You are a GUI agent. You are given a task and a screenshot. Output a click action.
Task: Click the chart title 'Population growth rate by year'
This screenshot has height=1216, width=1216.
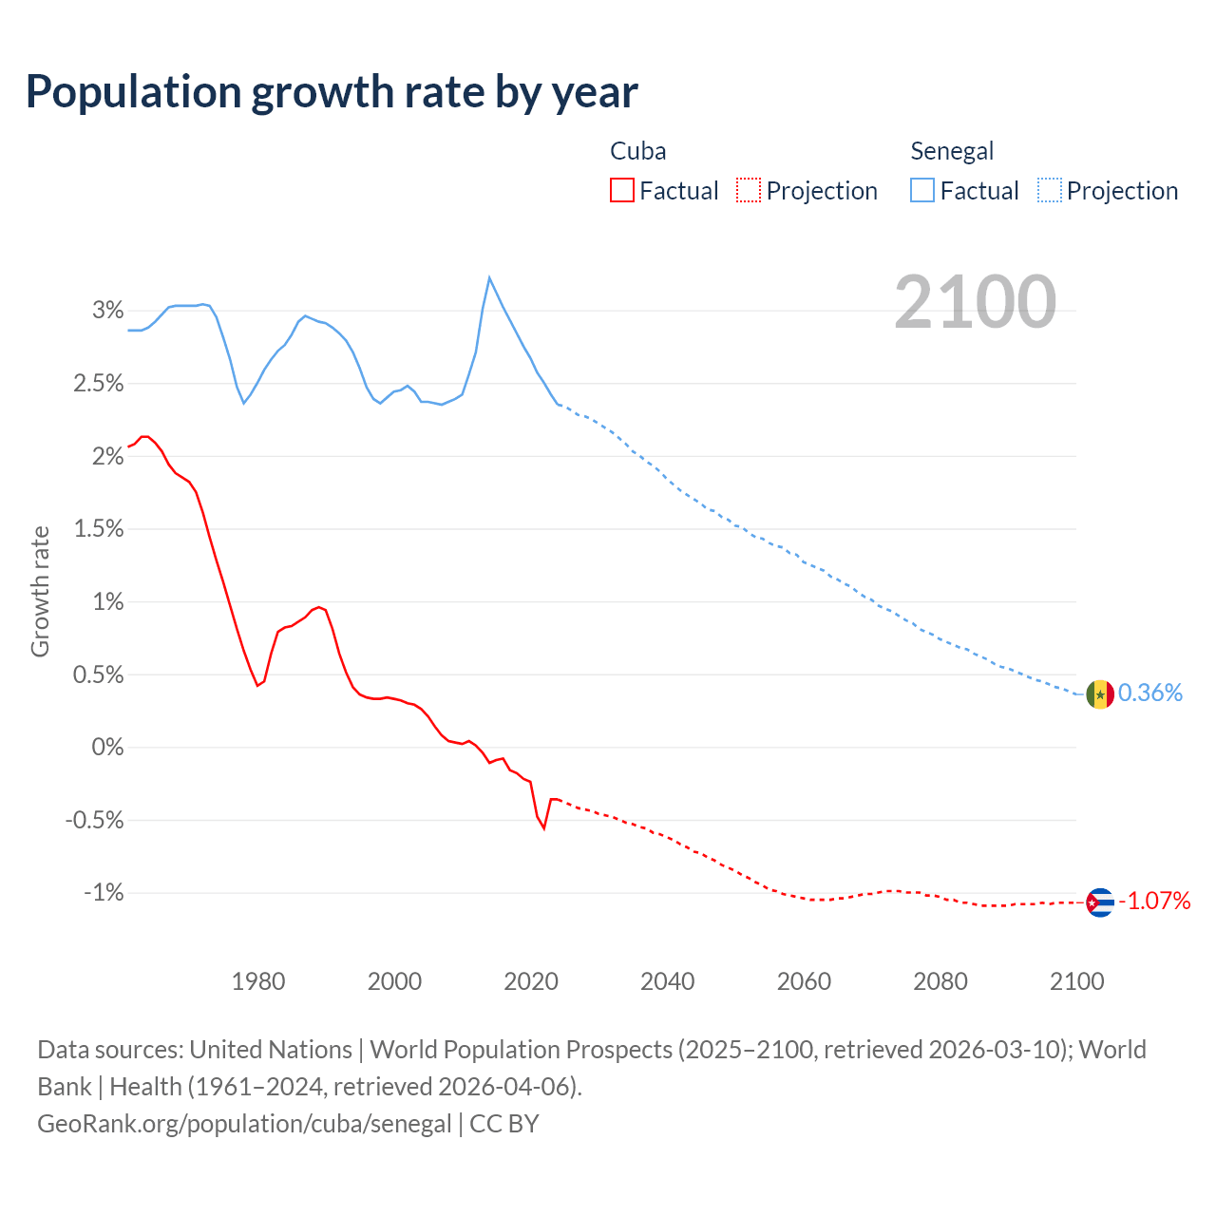point(332,91)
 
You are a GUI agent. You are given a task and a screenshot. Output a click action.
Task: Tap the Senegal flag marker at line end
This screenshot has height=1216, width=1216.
point(1099,694)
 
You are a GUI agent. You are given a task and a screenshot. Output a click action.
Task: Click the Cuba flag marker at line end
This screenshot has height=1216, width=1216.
point(1099,902)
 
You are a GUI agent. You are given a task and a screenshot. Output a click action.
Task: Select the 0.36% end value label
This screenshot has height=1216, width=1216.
point(1150,693)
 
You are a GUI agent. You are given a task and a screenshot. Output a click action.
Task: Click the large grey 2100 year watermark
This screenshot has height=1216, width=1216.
point(975,302)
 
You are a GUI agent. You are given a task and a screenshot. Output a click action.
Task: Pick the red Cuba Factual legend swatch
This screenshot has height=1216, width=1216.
point(622,191)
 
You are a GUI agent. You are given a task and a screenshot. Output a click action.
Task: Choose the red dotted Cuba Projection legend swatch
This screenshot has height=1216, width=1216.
point(749,191)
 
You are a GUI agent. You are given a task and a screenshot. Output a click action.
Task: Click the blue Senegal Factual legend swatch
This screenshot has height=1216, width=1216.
point(922,191)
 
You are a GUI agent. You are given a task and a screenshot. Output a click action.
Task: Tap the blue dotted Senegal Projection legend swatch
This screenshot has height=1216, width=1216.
point(1050,191)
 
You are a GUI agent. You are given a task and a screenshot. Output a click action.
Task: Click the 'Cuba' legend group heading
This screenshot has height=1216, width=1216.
point(637,151)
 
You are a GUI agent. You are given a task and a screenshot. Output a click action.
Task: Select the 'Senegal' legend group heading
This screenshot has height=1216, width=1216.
point(952,151)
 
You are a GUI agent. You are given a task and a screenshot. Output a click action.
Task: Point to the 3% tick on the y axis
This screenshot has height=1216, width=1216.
point(108,311)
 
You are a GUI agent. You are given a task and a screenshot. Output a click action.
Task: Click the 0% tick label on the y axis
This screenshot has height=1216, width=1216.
point(108,748)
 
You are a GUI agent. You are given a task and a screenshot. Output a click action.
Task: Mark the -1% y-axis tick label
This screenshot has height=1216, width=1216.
point(104,893)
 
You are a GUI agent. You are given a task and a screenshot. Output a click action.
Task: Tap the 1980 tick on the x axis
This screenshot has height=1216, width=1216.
point(258,981)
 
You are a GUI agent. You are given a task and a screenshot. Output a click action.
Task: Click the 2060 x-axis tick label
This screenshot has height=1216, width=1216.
point(804,981)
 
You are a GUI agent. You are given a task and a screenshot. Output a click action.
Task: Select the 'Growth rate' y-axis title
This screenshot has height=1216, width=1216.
point(40,591)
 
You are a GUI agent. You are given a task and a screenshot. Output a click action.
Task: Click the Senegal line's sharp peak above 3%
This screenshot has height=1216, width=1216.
point(489,277)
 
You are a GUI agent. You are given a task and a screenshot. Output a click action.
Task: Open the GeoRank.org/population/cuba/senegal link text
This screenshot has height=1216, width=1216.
point(244,1124)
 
